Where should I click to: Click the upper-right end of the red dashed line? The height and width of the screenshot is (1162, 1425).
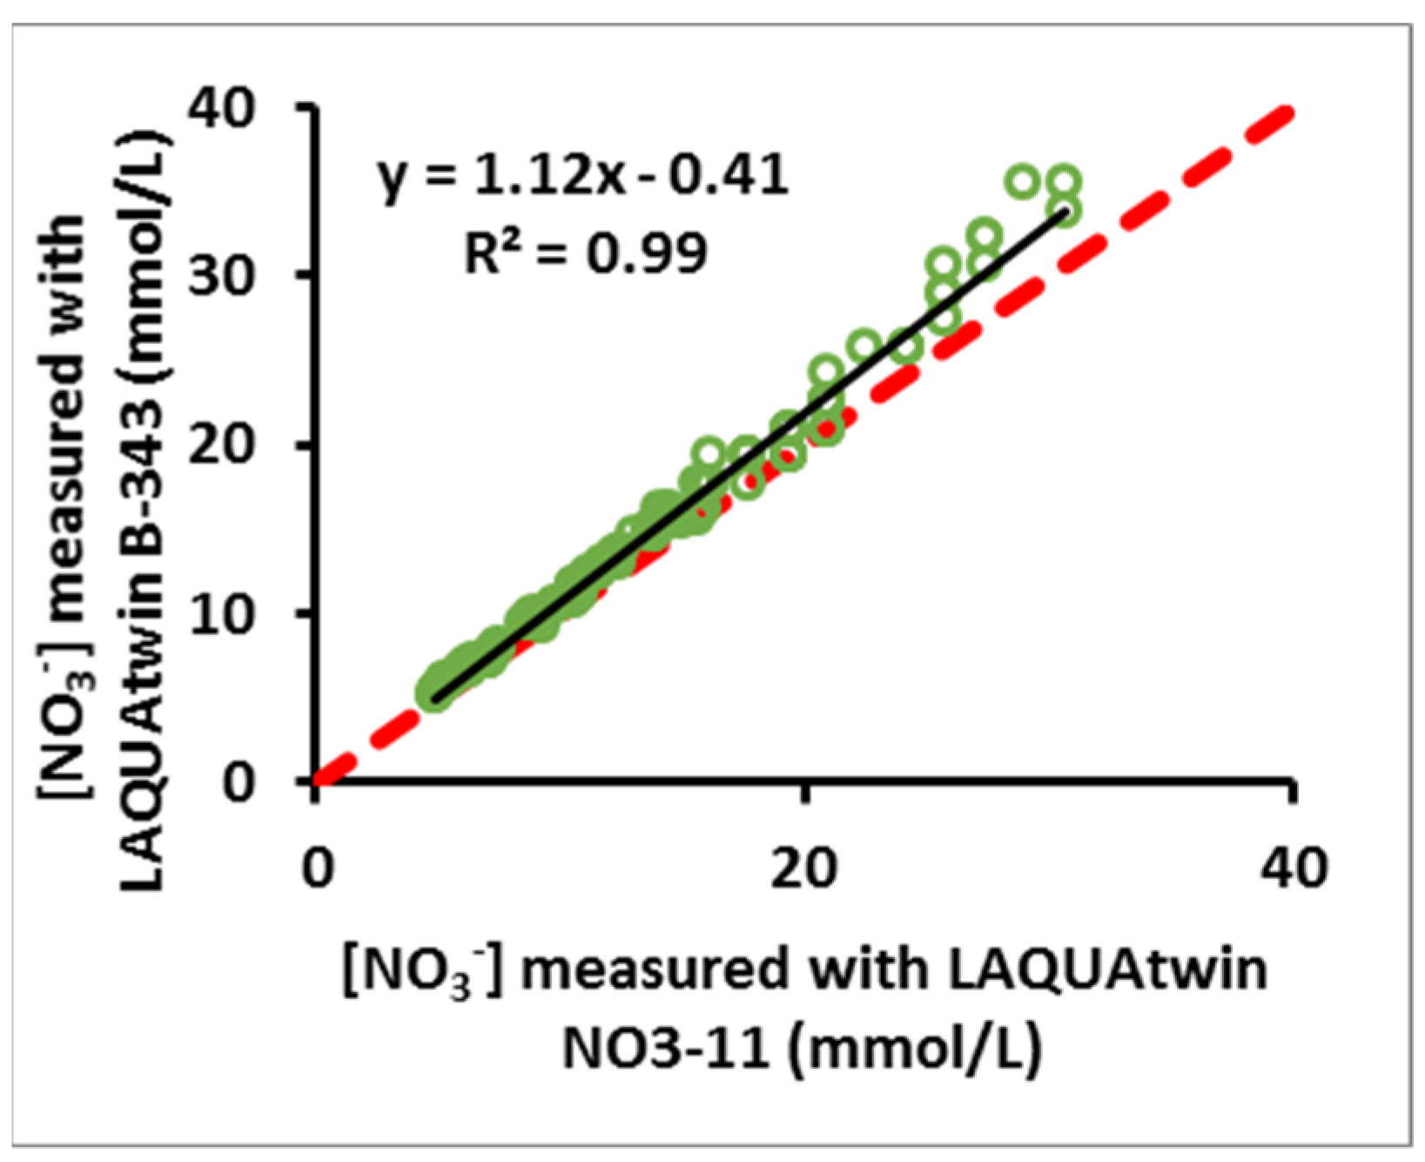pyautogui.click(x=1287, y=111)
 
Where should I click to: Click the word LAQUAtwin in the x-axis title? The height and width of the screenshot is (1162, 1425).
pyautogui.click(x=1106, y=969)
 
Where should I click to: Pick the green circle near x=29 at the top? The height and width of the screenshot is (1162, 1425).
pyautogui.click(x=1023, y=182)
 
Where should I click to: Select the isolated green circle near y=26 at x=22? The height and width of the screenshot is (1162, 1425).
pyautogui.click(x=863, y=347)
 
